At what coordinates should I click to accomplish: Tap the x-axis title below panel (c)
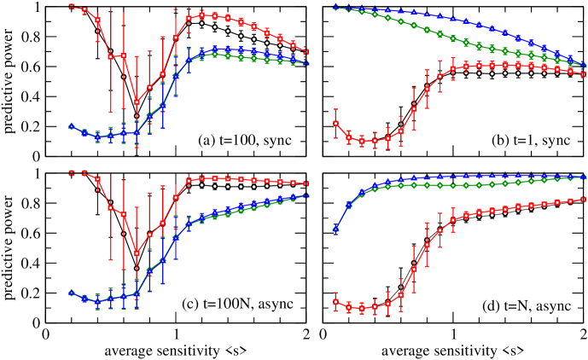pyautogui.click(x=176, y=351)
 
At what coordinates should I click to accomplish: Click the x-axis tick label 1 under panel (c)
pyautogui.click(x=176, y=335)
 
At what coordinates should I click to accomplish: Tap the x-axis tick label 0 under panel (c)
pyautogui.click(x=47, y=335)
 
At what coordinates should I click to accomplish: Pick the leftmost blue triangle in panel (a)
pyautogui.click(x=71, y=126)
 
